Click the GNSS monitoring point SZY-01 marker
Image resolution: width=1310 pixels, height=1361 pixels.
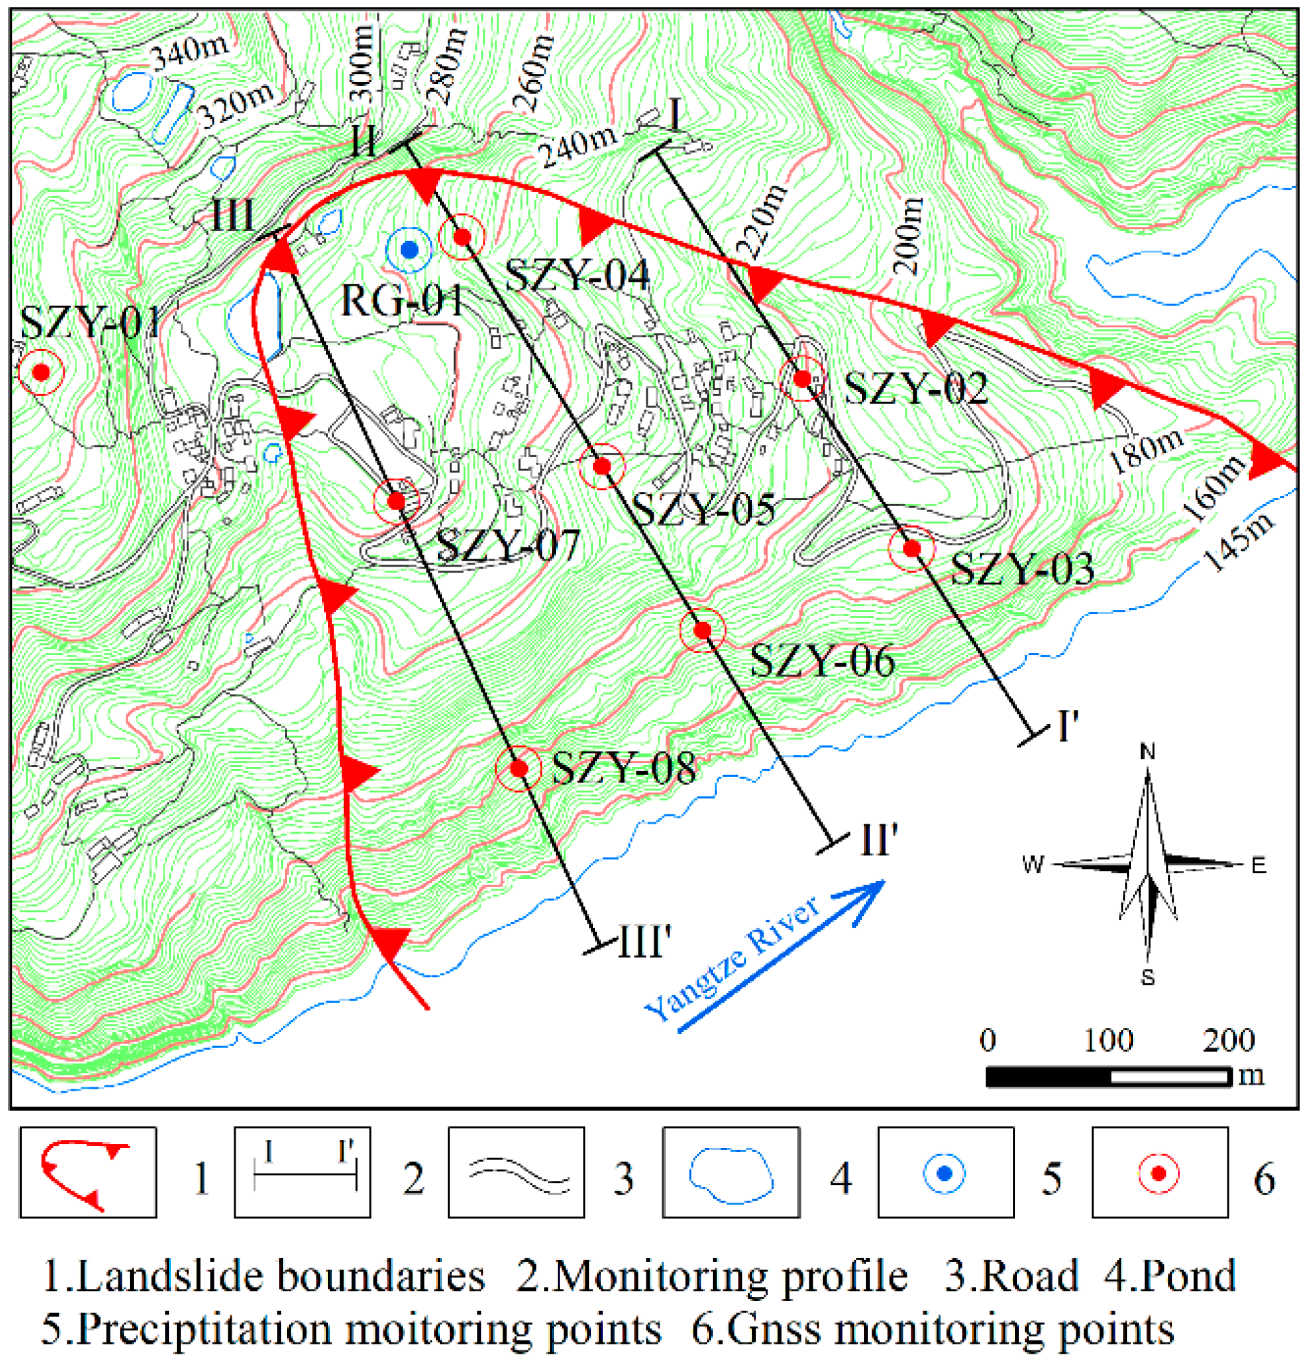pos(41,373)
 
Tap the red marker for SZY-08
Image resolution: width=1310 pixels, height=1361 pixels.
pos(519,768)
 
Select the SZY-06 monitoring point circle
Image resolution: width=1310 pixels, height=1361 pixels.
pos(702,631)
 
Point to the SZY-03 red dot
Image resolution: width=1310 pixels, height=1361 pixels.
pos(912,549)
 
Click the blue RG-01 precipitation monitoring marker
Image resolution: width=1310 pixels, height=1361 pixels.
pos(409,249)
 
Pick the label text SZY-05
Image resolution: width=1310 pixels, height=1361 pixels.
pos(704,510)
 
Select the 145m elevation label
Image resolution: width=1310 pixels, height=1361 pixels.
pos(1239,542)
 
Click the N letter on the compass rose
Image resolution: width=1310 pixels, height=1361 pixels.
pos(1148,751)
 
